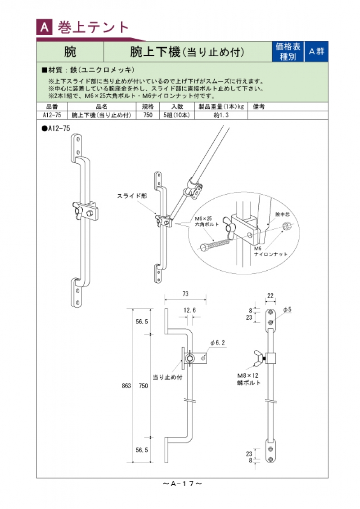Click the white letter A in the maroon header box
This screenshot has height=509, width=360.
coord(44,28)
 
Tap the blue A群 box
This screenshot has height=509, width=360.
coord(316,51)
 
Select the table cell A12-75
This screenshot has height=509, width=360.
coord(52,115)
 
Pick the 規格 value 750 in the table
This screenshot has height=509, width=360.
coord(148,115)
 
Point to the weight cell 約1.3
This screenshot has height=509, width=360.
coord(221,115)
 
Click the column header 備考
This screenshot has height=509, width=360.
coord(259,107)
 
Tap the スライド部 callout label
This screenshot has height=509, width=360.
coord(132,196)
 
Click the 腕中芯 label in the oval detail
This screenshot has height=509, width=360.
coord(281,215)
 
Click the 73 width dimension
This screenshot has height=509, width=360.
coord(185,294)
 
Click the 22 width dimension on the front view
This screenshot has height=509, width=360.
coord(270,295)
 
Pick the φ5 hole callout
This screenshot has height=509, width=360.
coord(288,309)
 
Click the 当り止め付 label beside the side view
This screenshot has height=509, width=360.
coord(167,377)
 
